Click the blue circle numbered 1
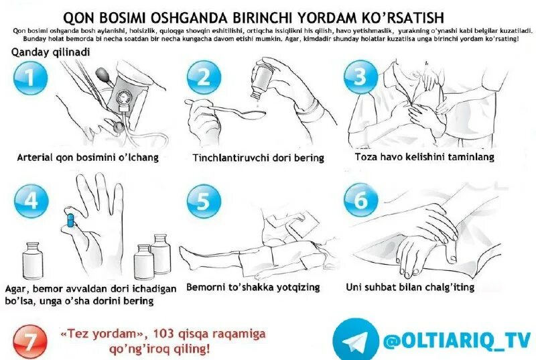(29, 78)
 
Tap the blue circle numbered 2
(204, 78)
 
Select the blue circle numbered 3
(360, 78)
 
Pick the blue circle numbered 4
(31, 200)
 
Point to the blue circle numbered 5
(204, 200)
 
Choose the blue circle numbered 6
(360, 200)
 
